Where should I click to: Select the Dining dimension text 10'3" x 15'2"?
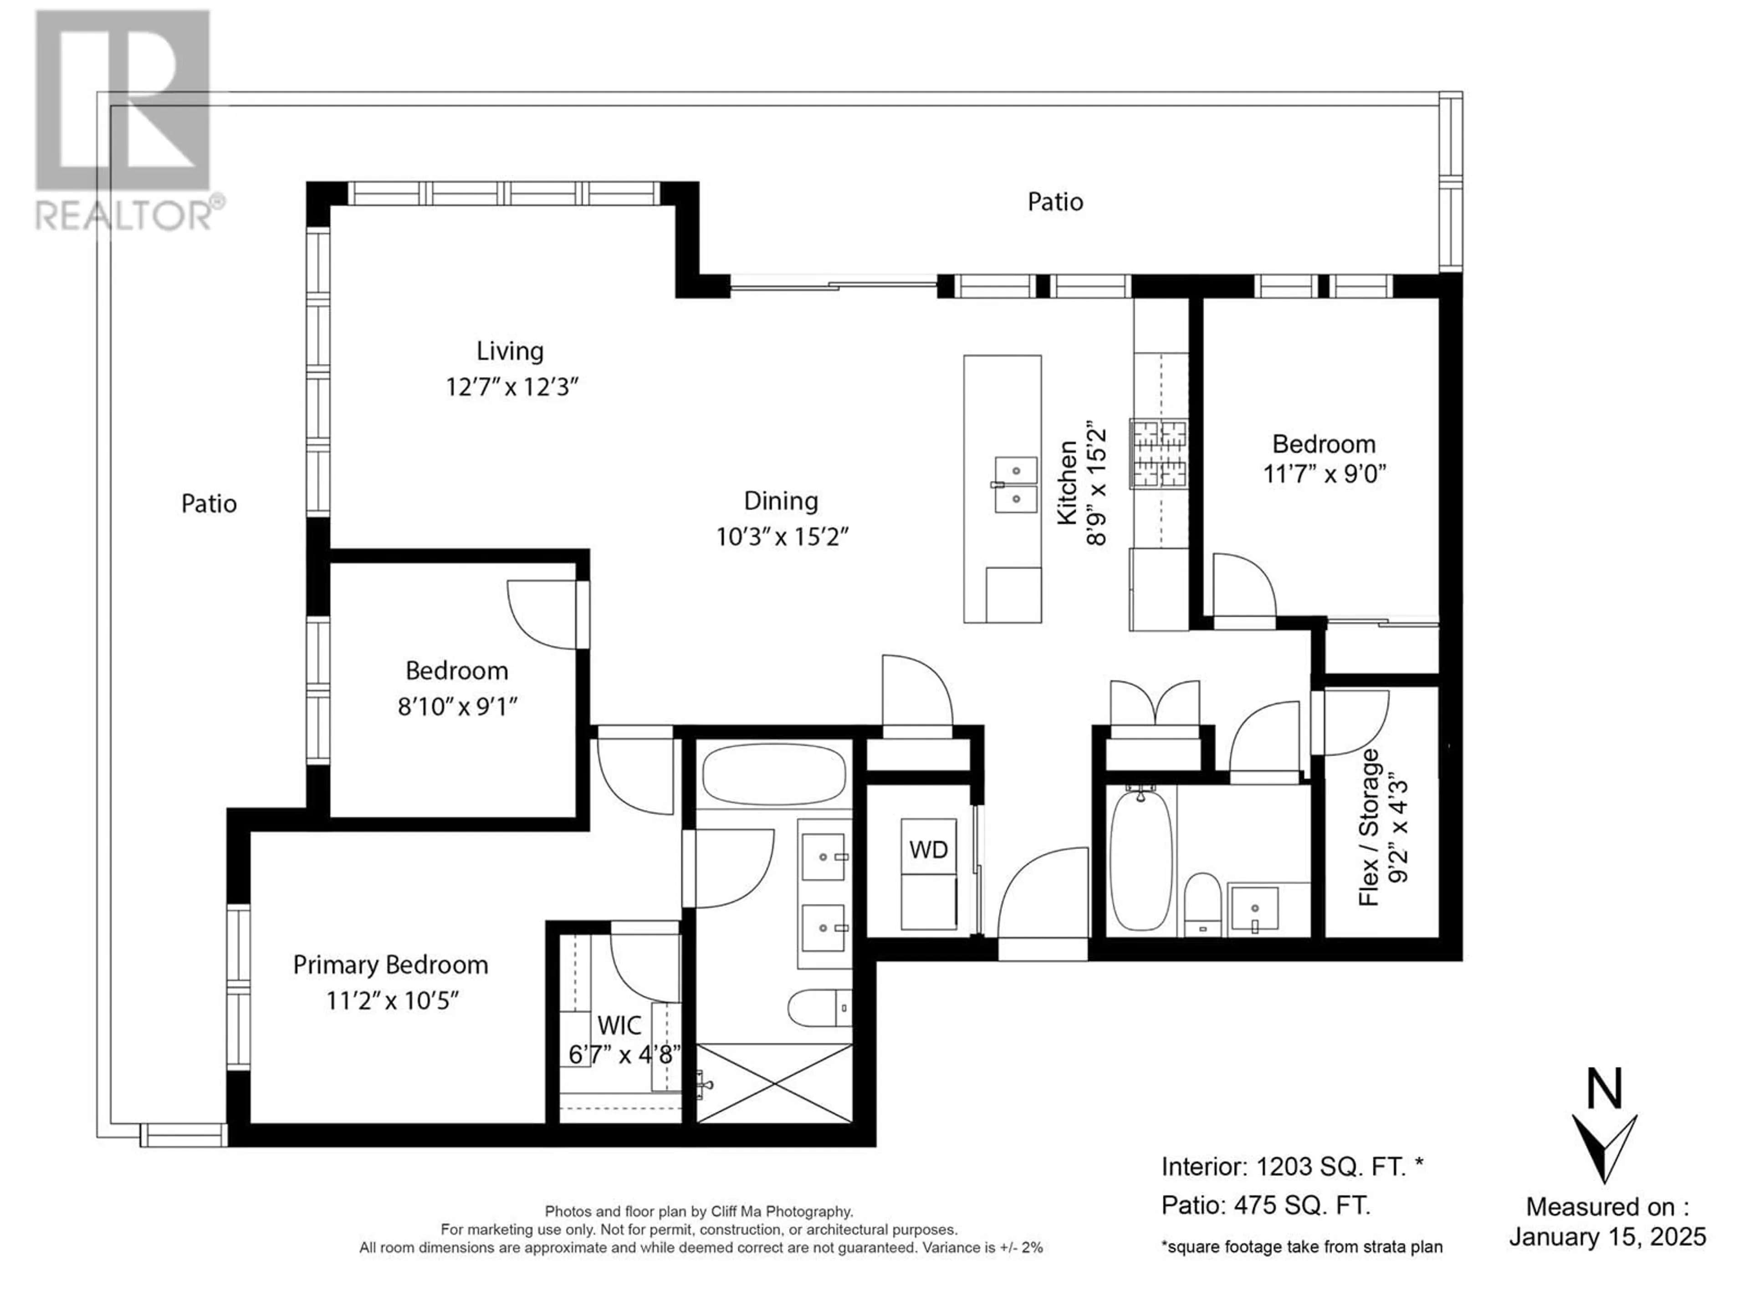782,538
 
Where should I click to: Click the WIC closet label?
619,1026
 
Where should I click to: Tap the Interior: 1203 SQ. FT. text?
1293,1167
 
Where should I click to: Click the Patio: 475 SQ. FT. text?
1266,1205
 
